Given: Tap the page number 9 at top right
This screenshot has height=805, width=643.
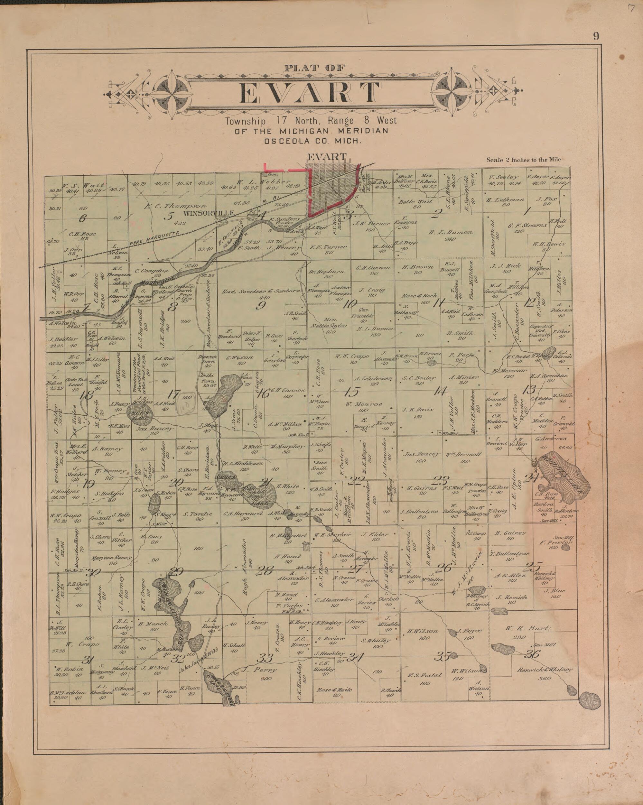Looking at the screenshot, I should pos(596,36).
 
